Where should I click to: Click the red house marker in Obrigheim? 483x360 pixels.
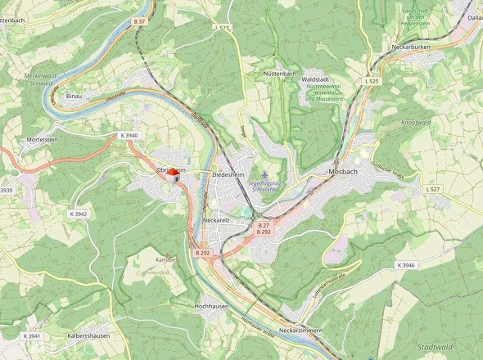(x=173, y=173)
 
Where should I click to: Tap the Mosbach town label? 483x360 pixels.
(x=343, y=171)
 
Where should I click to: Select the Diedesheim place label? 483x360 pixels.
(x=229, y=175)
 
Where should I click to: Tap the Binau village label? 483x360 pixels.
(x=74, y=96)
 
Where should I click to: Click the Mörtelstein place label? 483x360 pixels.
(x=42, y=140)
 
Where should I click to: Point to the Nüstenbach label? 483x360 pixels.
(x=278, y=73)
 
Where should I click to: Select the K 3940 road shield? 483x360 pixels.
(x=129, y=135)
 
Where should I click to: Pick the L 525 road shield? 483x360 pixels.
(x=372, y=82)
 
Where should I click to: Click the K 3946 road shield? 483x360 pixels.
(x=406, y=265)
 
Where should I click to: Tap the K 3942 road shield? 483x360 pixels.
(x=79, y=214)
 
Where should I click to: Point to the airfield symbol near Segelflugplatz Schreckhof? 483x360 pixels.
(x=264, y=173)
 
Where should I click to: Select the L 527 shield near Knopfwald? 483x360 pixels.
(x=433, y=189)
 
